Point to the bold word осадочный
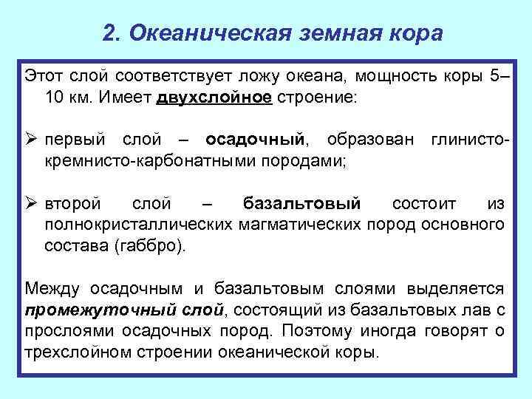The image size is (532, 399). pyautogui.click(x=255, y=139)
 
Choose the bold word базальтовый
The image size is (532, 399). pyautogui.click(x=301, y=202)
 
